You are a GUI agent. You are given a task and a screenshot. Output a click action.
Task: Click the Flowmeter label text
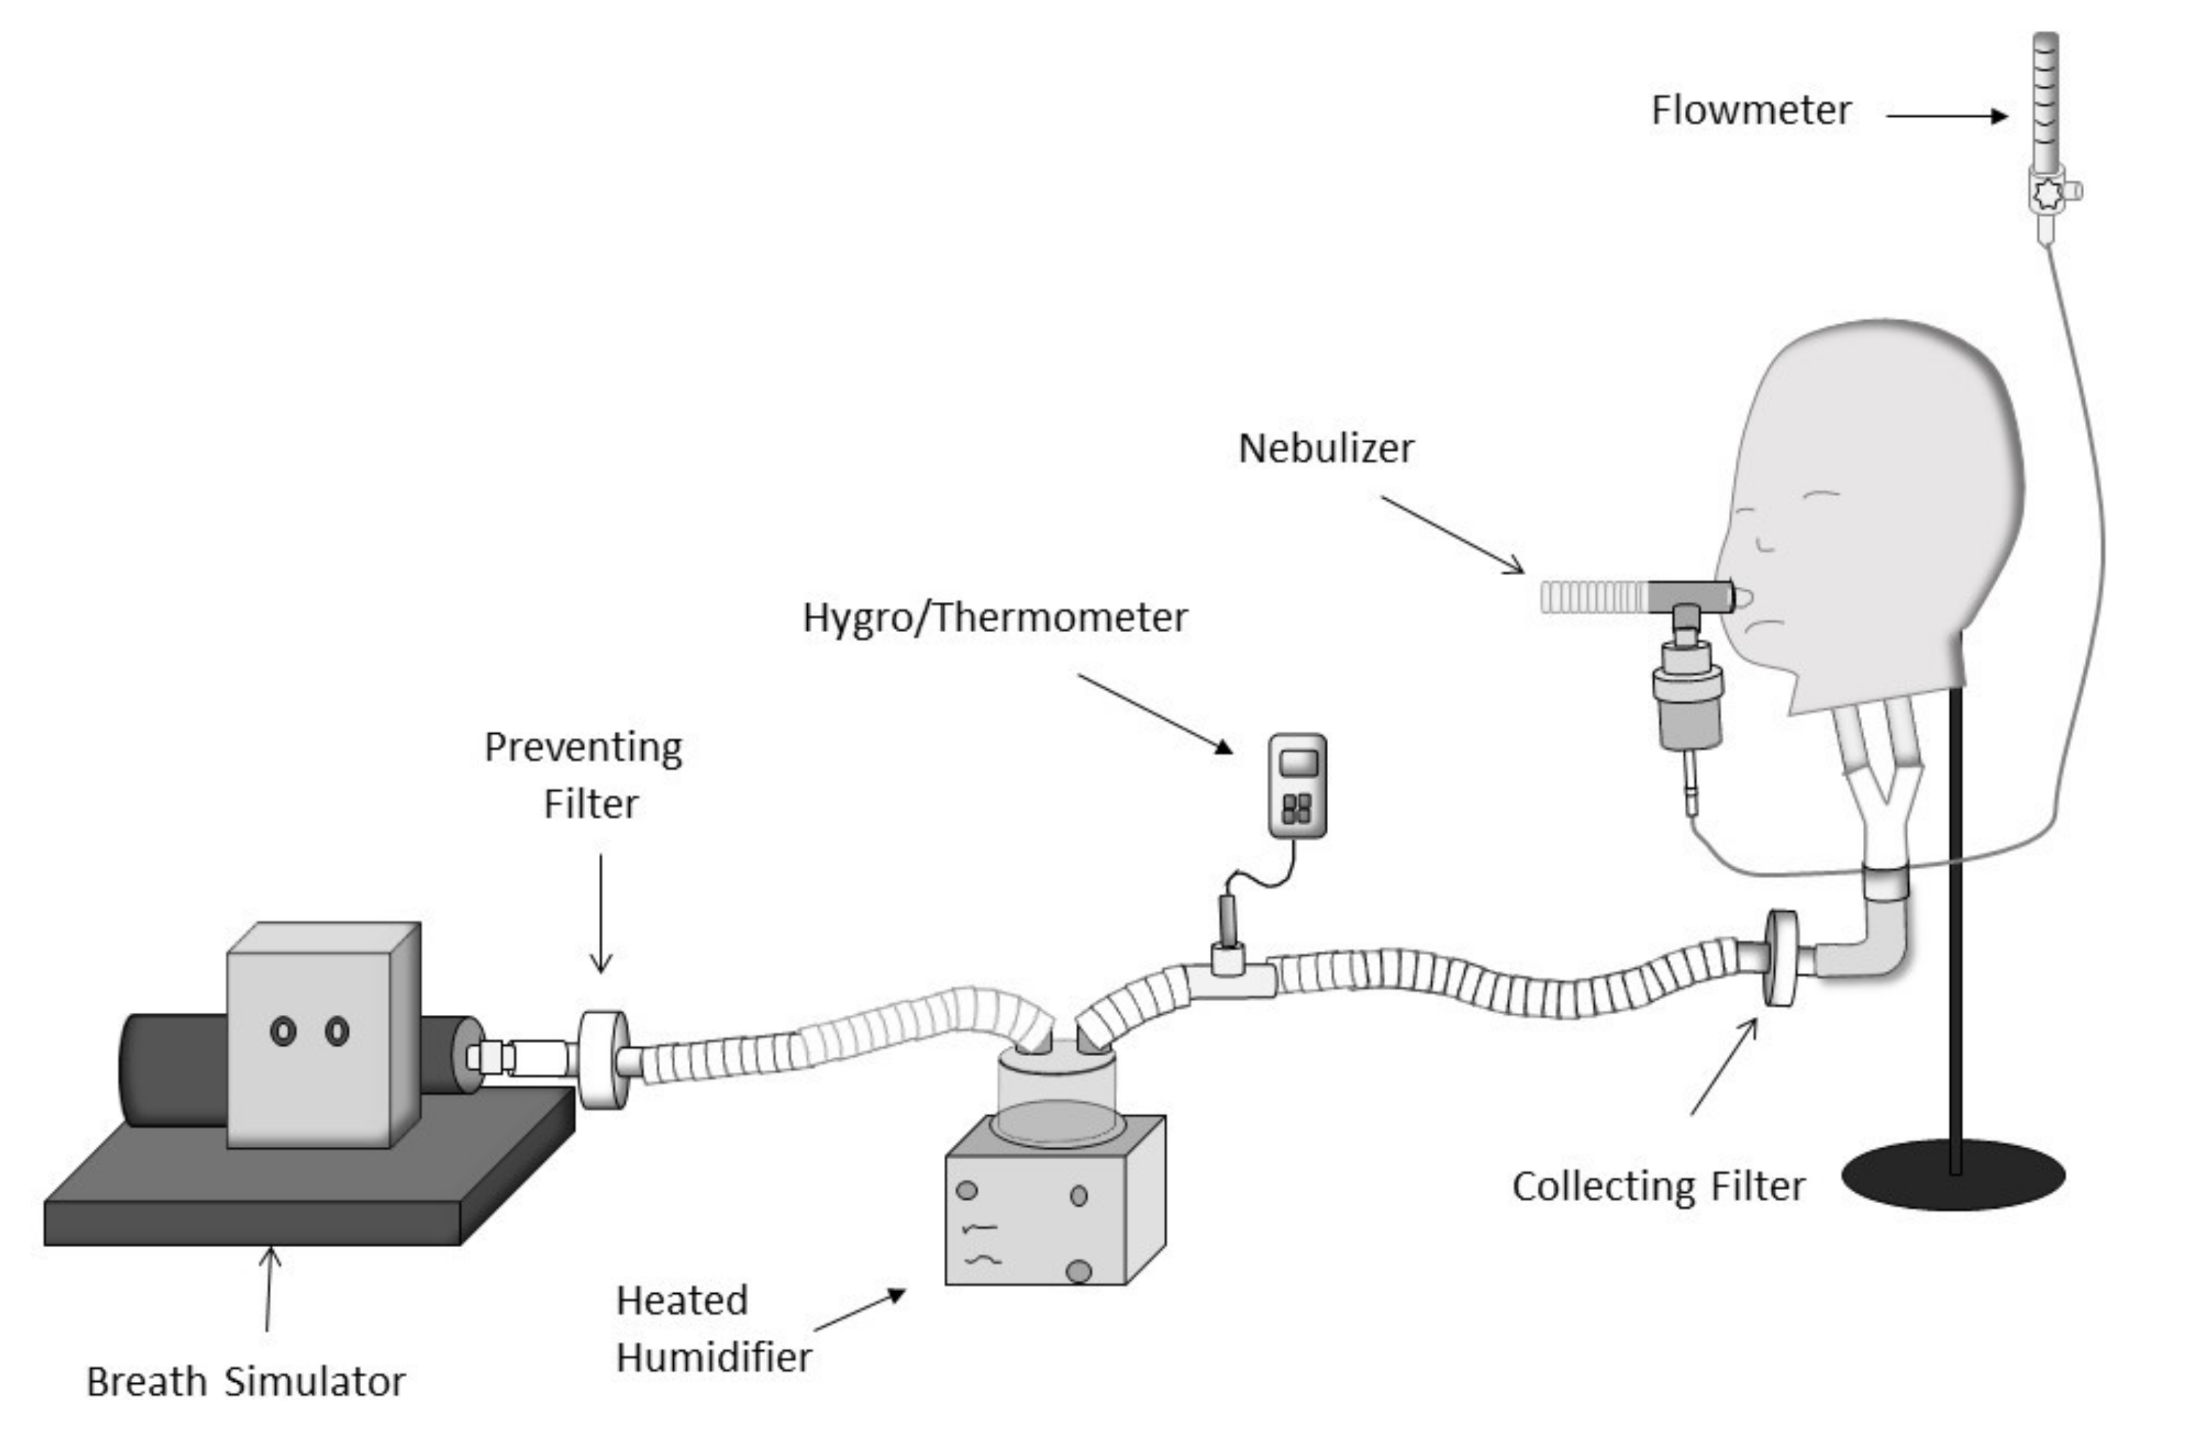click(1750, 111)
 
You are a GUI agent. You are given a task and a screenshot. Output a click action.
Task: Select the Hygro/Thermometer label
click(995, 618)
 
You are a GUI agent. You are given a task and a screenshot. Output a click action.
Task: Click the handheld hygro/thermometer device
click(1296, 786)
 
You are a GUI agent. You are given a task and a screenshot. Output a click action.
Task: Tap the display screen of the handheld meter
click(1298, 763)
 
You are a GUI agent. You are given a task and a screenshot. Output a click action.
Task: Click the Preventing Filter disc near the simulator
click(602, 1060)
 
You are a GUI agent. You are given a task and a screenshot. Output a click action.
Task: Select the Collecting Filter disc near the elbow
click(1780, 957)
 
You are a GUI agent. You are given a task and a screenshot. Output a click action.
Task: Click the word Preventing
click(583, 748)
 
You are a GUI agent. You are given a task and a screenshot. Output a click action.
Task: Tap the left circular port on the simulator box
click(282, 1031)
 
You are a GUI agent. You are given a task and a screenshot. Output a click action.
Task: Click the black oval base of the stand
click(1953, 1176)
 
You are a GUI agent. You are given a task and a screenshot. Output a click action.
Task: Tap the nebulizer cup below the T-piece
click(1688, 698)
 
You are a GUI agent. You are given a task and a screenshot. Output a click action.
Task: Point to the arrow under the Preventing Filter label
click(600, 913)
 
